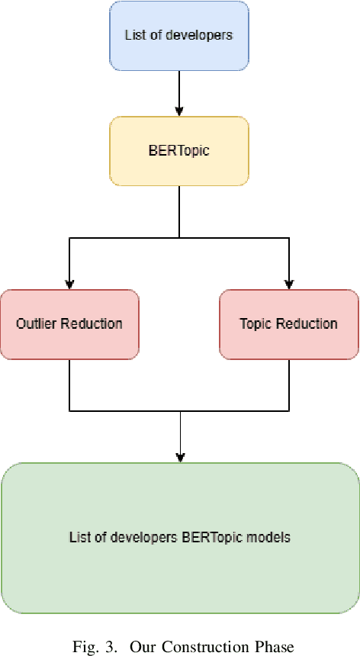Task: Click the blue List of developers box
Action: pos(178,35)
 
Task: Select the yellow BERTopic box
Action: pos(178,150)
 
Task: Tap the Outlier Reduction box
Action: pos(69,323)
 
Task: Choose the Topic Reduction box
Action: pos(288,323)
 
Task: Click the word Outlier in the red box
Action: pos(34,323)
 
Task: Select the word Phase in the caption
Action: pos(276,648)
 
